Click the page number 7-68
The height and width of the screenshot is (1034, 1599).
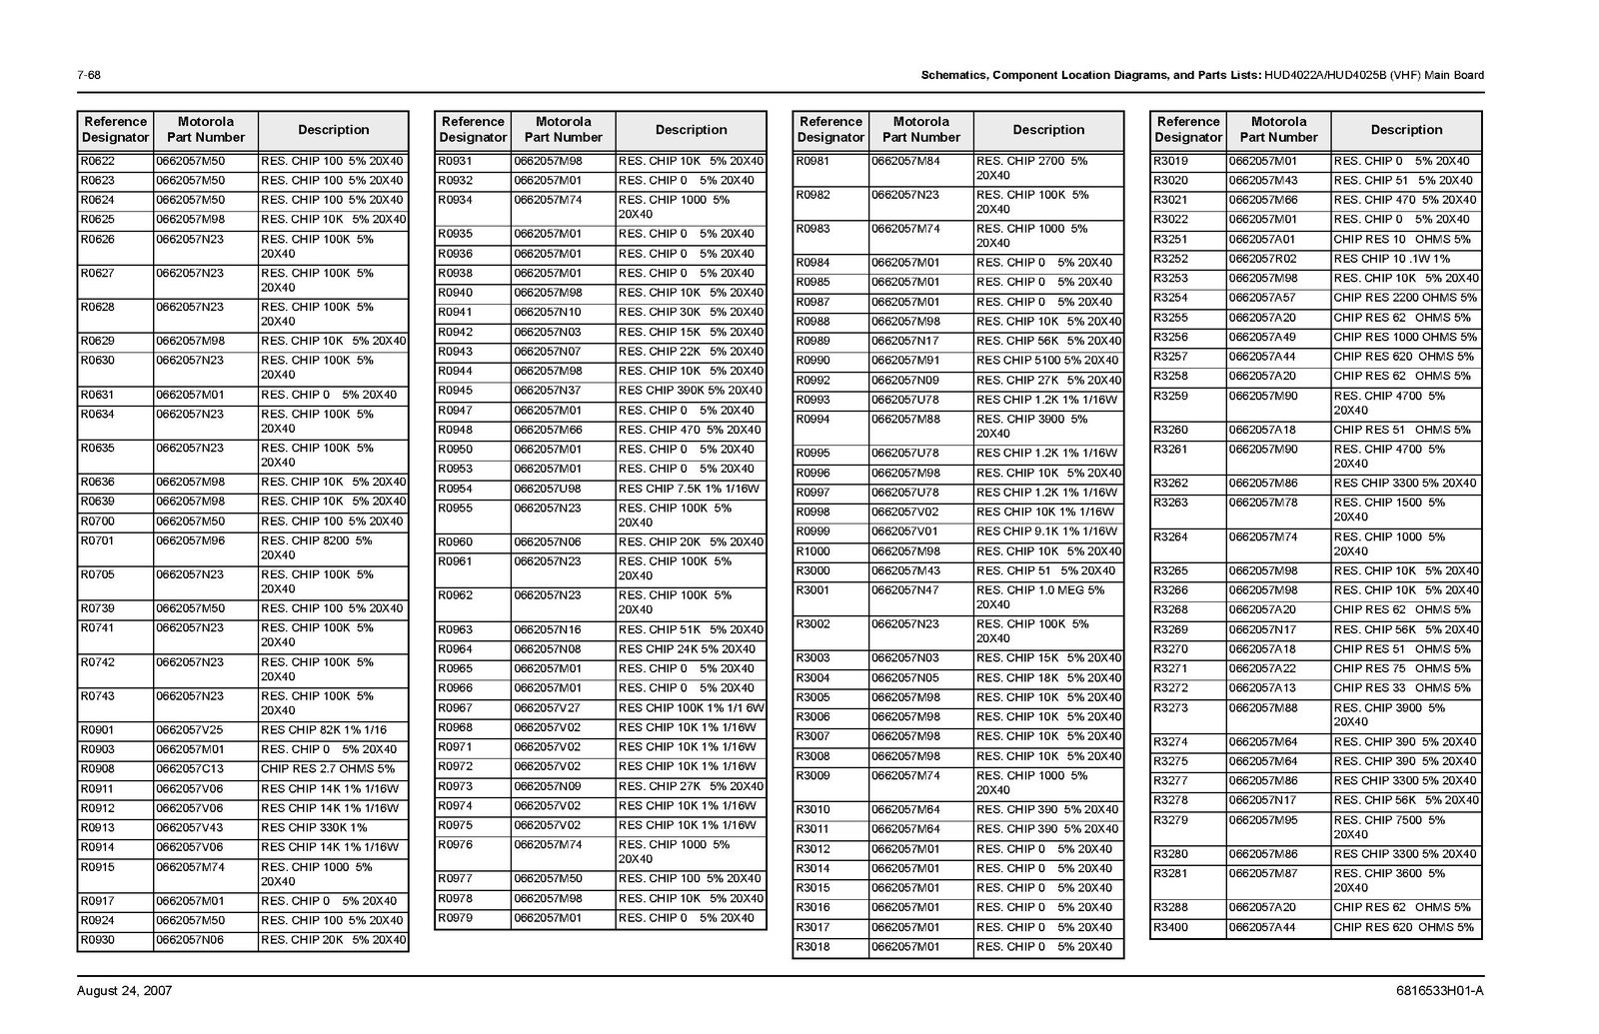(88, 75)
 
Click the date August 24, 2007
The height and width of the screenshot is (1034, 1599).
(124, 991)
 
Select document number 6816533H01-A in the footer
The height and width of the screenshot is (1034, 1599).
(1440, 991)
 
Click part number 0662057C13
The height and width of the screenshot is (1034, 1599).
(190, 769)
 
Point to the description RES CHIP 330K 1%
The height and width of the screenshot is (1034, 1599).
(314, 828)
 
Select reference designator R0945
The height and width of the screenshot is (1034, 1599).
(456, 391)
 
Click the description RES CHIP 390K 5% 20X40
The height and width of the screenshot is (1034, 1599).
(690, 391)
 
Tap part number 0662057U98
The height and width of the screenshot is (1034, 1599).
(548, 489)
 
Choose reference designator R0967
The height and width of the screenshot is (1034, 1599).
(456, 708)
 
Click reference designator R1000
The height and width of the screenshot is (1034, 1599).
(812, 551)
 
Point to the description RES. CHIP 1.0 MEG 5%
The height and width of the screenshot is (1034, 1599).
(1040, 590)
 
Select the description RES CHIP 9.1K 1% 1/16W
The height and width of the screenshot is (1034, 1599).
(1046, 531)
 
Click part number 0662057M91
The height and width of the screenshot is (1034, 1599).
(905, 361)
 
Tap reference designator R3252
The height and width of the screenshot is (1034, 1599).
(1170, 259)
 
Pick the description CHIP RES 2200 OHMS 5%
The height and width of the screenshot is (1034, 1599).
(1404, 298)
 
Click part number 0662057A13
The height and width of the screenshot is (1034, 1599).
(1262, 688)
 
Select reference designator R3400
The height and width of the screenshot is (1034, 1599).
(1170, 927)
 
